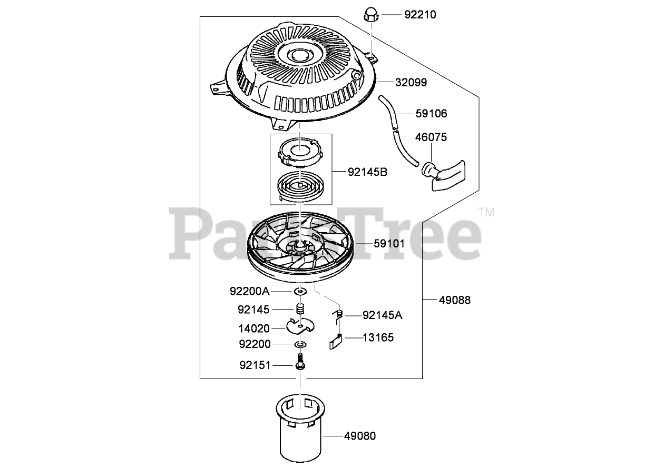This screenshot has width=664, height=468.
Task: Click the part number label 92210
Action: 420,15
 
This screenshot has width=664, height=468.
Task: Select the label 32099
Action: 411,83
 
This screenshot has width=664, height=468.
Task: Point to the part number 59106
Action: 416,113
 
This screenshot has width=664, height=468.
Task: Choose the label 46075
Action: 431,137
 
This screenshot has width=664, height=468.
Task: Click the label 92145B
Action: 367,172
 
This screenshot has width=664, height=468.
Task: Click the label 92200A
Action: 249,291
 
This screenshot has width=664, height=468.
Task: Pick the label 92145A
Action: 382,315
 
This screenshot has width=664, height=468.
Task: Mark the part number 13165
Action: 378,337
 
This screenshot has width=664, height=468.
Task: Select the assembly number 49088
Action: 455,300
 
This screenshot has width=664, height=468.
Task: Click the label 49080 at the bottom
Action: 360,436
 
